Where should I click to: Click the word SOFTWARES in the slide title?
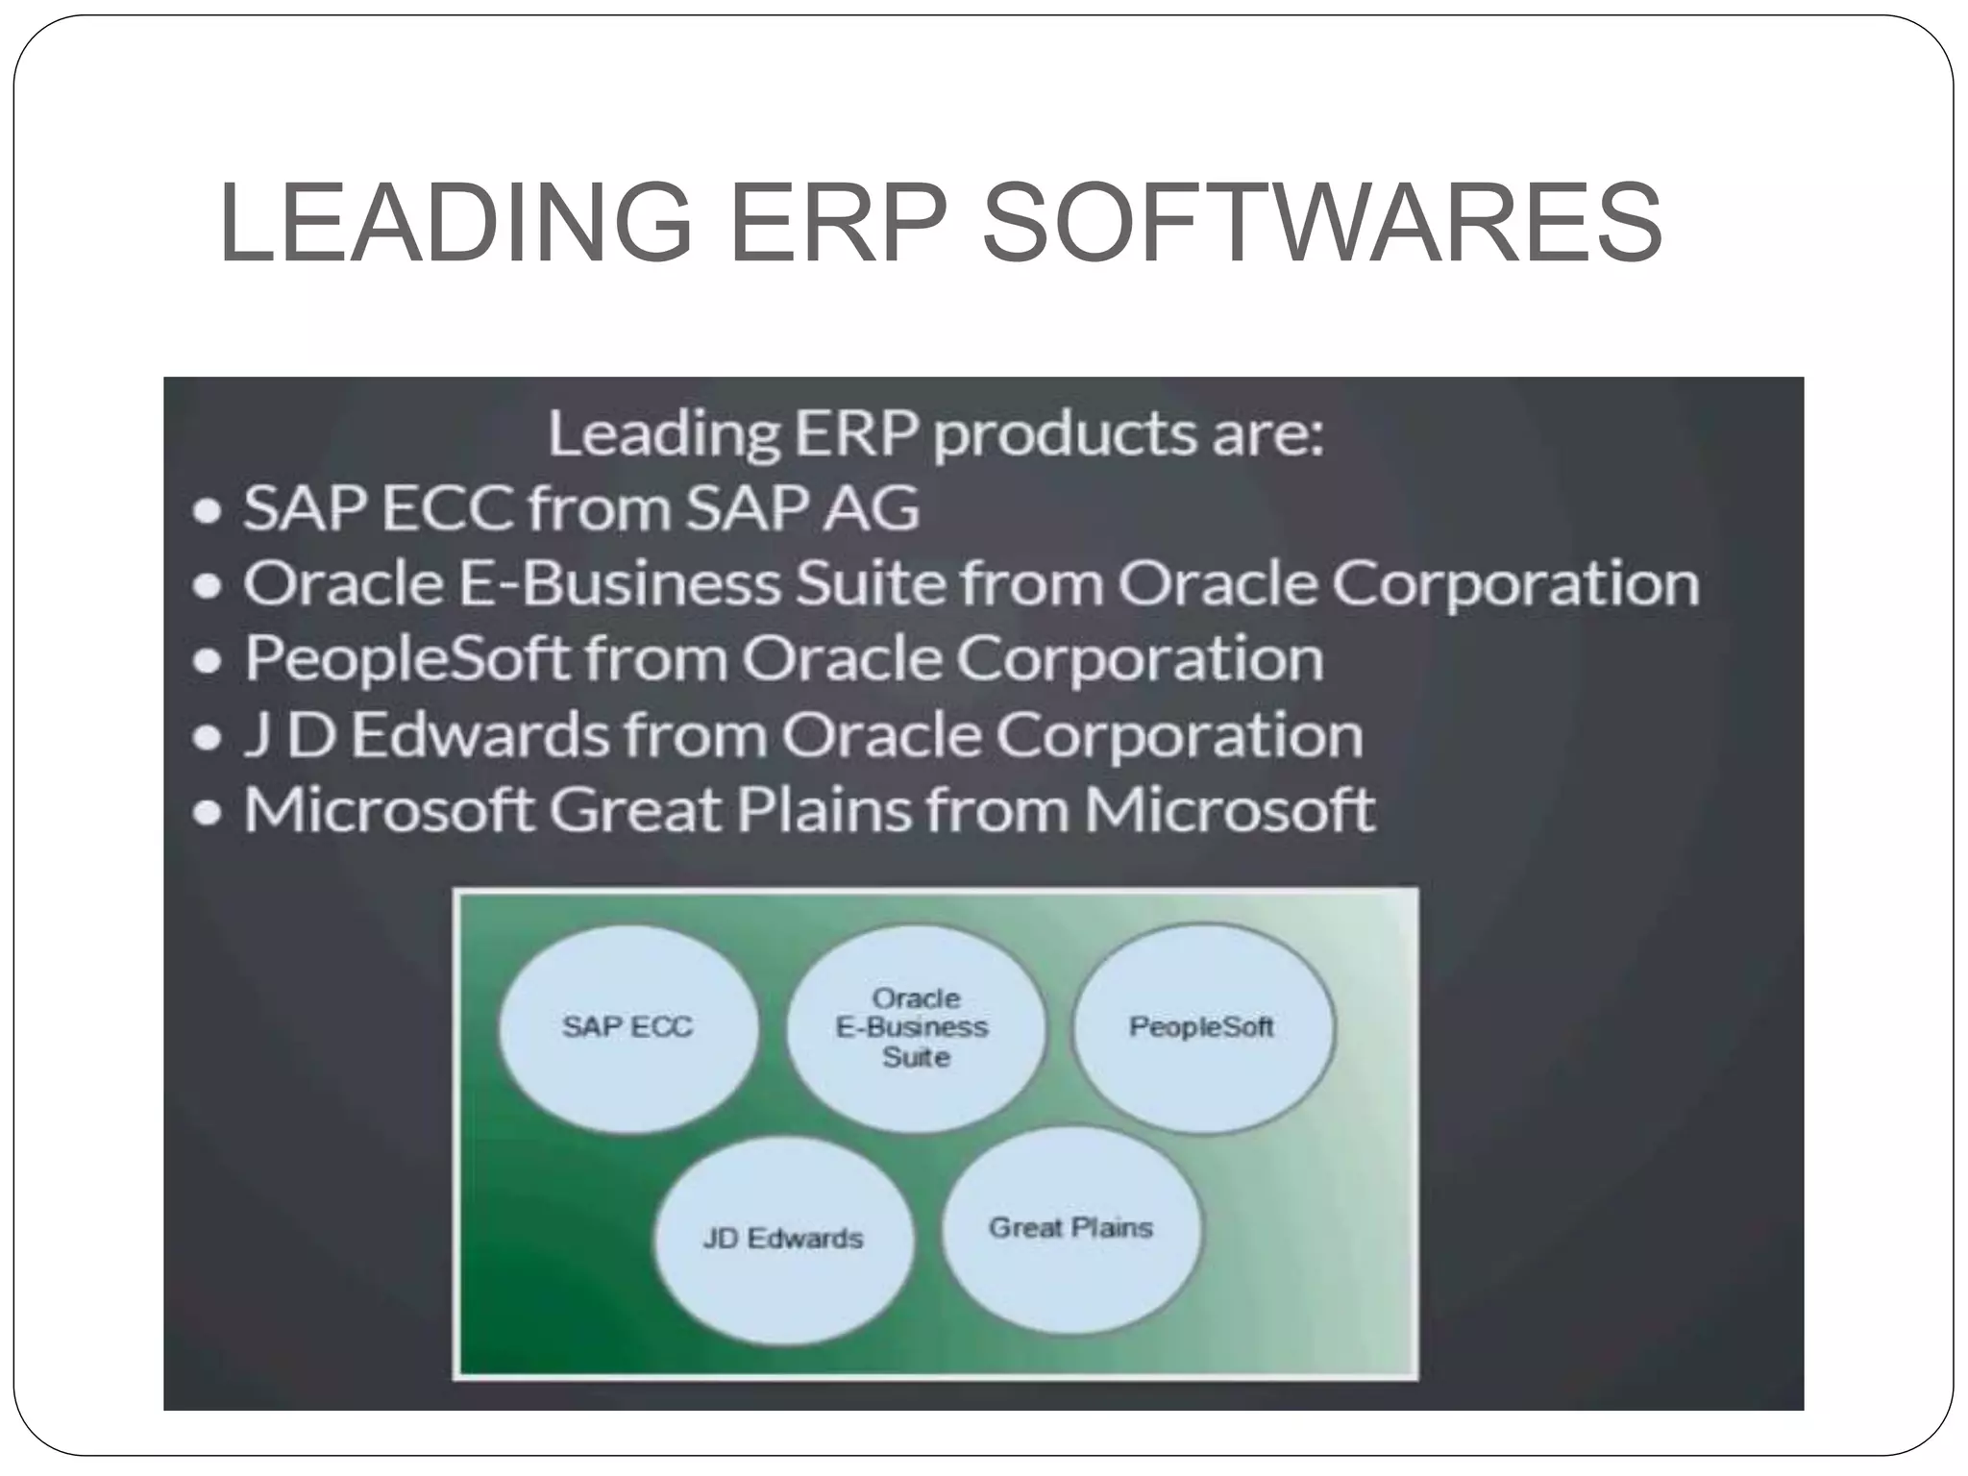pyautogui.click(x=1322, y=223)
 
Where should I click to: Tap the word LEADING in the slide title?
pyautogui.click(x=455, y=223)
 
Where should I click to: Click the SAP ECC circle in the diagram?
pyautogui.click(x=628, y=1028)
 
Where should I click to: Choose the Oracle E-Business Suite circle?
pyautogui.click(x=914, y=1028)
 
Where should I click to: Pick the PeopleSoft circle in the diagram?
pyautogui.click(x=1202, y=1028)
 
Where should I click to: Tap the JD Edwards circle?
pyautogui.click(x=783, y=1240)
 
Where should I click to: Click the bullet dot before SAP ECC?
pyautogui.click(x=208, y=511)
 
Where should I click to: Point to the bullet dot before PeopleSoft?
pyautogui.click(x=208, y=662)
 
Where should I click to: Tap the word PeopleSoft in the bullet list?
pyautogui.click(x=407, y=660)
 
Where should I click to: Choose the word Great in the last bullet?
pyautogui.click(x=635, y=809)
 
